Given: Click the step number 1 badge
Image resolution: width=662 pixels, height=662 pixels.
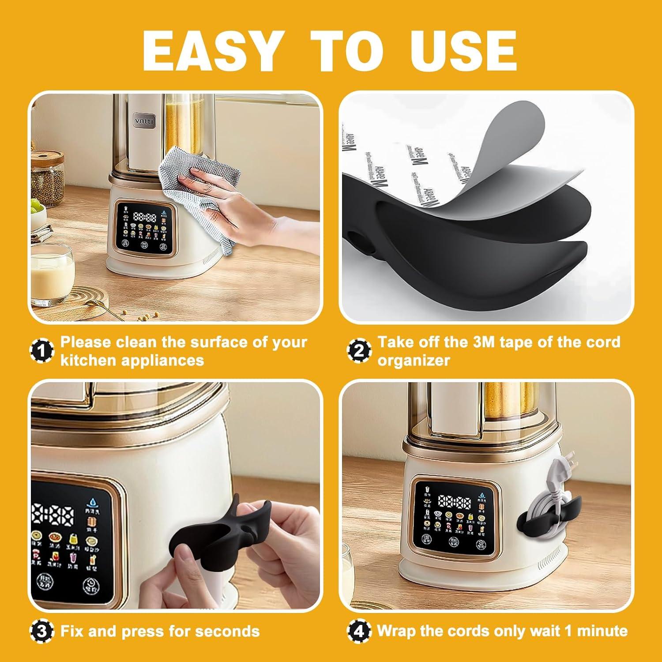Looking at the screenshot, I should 42,351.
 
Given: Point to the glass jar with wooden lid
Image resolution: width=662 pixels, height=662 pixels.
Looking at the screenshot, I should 46,177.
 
